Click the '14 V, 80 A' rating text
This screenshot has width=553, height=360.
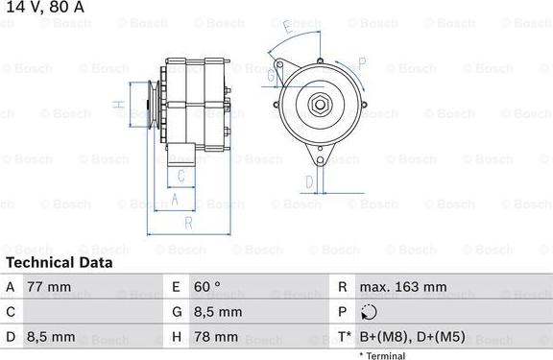coord(43,8)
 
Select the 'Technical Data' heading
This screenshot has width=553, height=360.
coord(60,262)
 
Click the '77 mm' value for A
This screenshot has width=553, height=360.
coord(51,287)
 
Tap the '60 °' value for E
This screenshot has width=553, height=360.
coord(208,287)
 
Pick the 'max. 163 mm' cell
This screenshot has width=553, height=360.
coord(403,287)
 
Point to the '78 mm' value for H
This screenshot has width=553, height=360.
coord(215,337)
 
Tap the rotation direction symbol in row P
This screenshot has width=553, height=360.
coord(372,312)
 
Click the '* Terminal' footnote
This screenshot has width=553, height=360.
coord(382,354)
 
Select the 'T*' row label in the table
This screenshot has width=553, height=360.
coord(343,337)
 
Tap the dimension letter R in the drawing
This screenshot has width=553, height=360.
coord(189,223)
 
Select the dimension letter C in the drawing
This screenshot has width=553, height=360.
coord(180,176)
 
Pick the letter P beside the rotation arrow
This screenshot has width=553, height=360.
coord(361,63)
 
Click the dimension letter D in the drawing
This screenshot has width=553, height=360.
coord(309,180)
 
